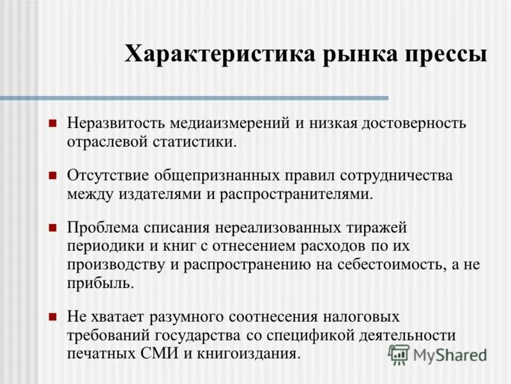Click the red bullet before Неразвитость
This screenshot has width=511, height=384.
54,122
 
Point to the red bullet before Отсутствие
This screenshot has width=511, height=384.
54,175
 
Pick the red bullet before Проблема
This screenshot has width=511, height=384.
54,227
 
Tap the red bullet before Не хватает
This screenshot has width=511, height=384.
54,316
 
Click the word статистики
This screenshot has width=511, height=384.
193,141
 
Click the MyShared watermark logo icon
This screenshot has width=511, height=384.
399,353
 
